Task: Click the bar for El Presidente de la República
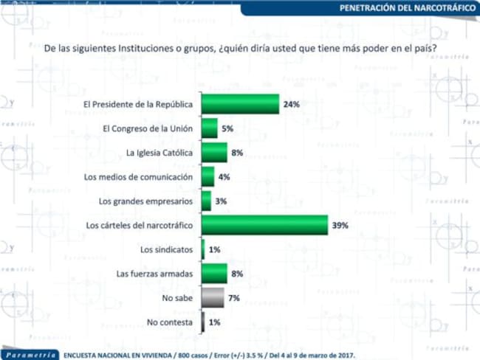(240, 104)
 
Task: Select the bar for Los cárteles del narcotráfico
(265, 226)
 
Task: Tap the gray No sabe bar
(213, 298)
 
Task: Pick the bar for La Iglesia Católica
(214, 153)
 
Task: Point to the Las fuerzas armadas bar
(214, 274)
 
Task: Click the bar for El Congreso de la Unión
(210, 128)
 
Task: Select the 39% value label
(340, 226)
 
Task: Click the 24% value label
(292, 104)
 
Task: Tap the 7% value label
(234, 298)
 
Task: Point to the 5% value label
(227, 128)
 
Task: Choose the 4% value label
(224, 177)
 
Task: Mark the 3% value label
(221, 201)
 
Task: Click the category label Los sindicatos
(167, 249)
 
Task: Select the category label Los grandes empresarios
(145, 201)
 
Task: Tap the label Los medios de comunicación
(138, 177)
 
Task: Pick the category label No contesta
(170, 322)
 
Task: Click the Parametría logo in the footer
(30, 355)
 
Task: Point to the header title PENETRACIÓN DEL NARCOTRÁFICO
(408, 7)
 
